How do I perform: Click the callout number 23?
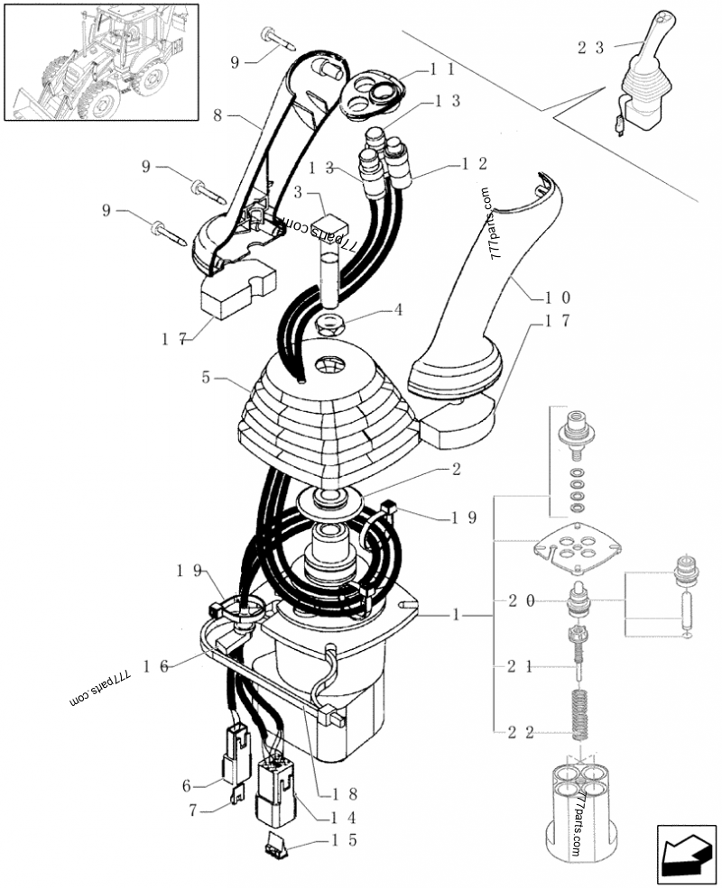click(593, 50)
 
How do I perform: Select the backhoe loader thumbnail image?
click(101, 60)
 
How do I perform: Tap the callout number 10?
click(557, 296)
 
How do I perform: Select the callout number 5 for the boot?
click(208, 379)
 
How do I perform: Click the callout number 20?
click(522, 600)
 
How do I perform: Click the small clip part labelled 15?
click(275, 846)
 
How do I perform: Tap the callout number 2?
click(456, 469)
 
